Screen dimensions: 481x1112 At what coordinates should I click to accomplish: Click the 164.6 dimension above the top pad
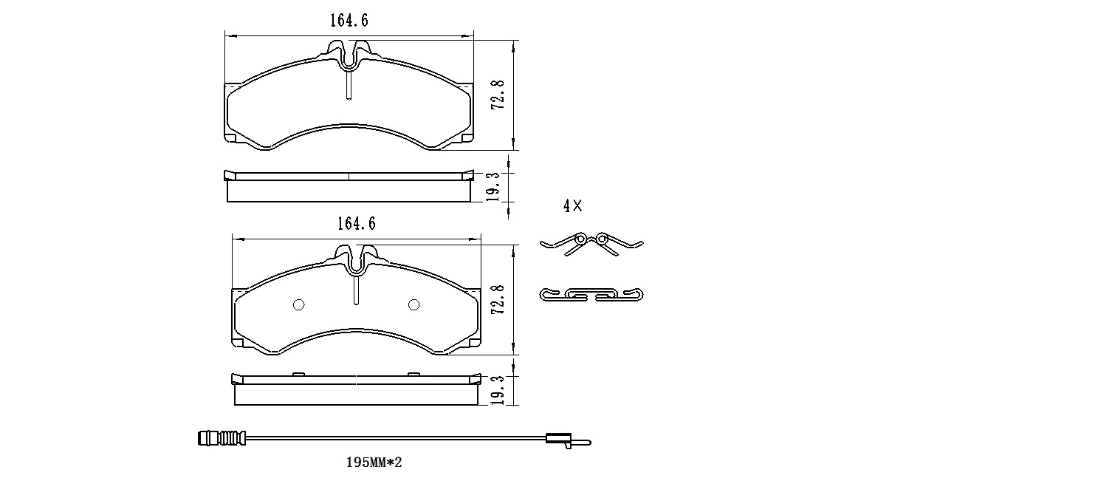pyautogui.click(x=349, y=21)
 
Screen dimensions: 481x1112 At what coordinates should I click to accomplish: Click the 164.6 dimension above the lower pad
pyautogui.click(x=356, y=224)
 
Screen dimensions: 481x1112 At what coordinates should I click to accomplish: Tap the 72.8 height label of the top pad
pyautogui.click(x=499, y=95)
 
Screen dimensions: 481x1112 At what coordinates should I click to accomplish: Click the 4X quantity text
pyautogui.click(x=572, y=207)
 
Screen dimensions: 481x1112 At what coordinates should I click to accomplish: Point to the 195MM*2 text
pyautogui.click(x=374, y=463)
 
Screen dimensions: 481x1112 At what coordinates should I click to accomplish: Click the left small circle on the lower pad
pyautogui.click(x=299, y=305)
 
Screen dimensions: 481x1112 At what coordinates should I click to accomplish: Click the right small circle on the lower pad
pyautogui.click(x=413, y=305)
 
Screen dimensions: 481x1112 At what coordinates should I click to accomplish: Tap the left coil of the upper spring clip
pyautogui.click(x=581, y=239)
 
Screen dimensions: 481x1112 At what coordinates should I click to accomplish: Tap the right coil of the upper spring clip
pyautogui.click(x=603, y=239)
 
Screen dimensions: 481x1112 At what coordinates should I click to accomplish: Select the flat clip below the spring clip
pyautogui.click(x=591, y=295)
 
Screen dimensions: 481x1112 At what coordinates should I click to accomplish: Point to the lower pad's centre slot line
pyautogui.click(x=356, y=288)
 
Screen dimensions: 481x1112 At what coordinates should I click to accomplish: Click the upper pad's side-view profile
pyautogui.click(x=349, y=188)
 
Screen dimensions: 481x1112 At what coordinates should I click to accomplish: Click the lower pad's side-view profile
pyautogui.click(x=356, y=390)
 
